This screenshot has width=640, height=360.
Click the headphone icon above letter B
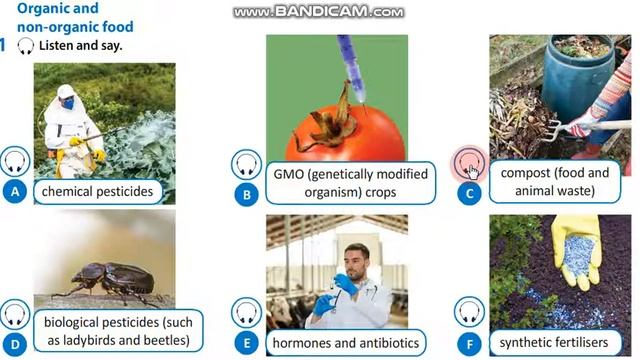[x=247, y=164]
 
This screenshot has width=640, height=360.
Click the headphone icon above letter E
[x=247, y=312]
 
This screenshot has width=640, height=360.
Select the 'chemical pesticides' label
[x=97, y=190]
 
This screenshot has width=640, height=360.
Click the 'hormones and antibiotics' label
[x=343, y=342]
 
